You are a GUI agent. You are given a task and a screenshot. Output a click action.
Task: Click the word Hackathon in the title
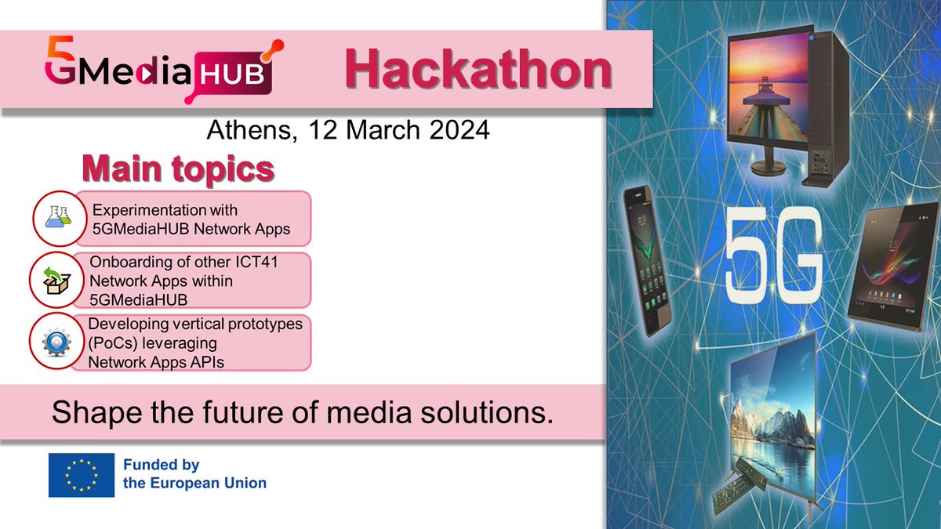click(x=478, y=71)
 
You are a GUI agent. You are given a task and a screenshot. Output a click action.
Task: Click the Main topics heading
click(x=179, y=168)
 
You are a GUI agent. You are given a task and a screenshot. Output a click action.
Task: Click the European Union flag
click(x=82, y=475)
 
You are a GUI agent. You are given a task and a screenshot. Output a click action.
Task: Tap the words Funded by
click(x=161, y=466)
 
